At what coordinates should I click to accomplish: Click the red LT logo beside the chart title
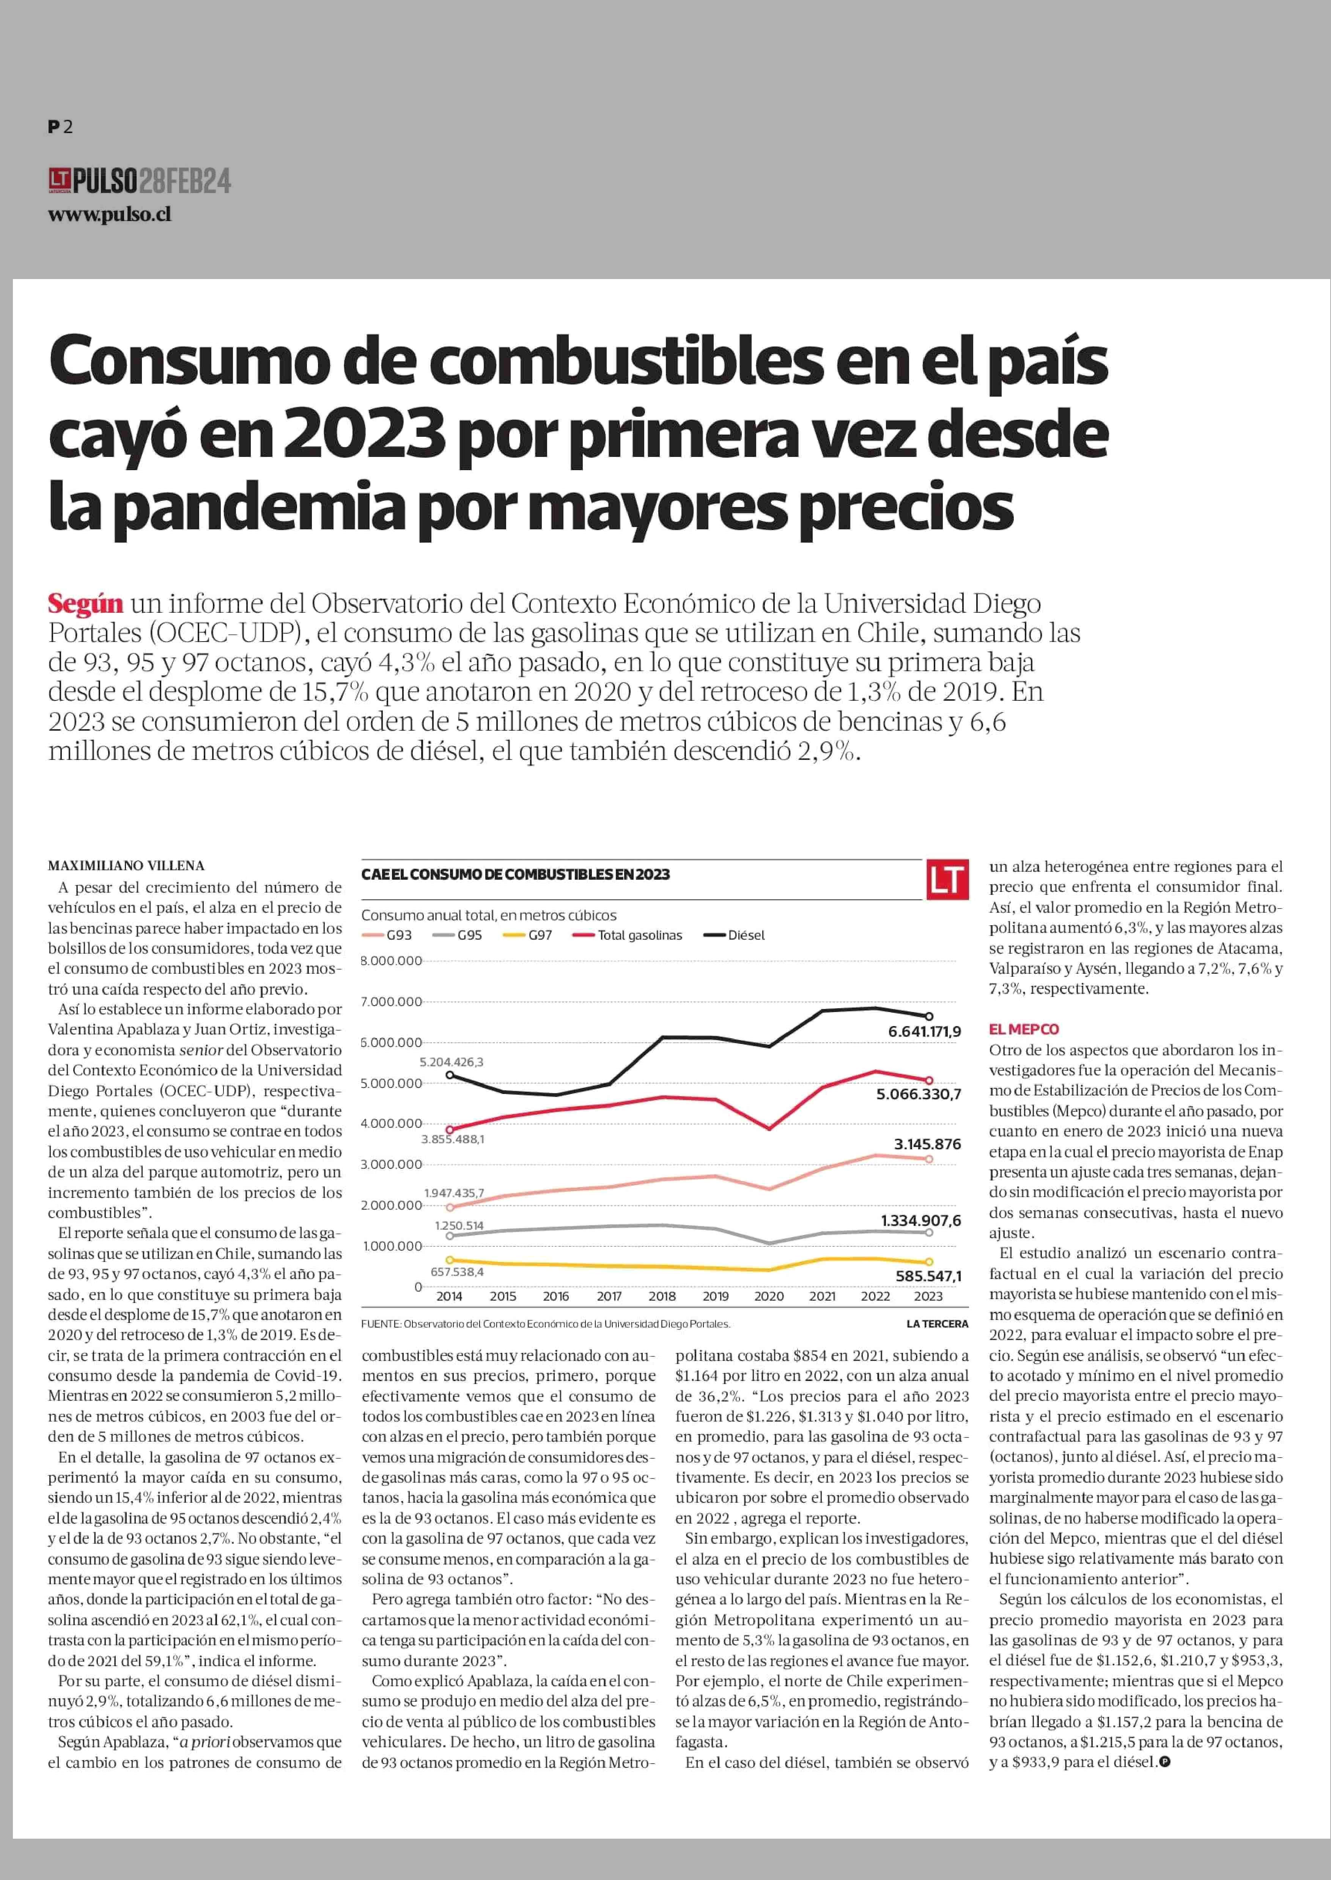pos(947,880)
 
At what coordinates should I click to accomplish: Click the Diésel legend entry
pos(735,935)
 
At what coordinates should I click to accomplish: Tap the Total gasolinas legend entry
pos(629,935)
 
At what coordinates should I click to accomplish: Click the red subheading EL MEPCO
pos(1024,1029)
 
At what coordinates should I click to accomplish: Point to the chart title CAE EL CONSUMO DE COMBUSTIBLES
pos(516,874)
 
